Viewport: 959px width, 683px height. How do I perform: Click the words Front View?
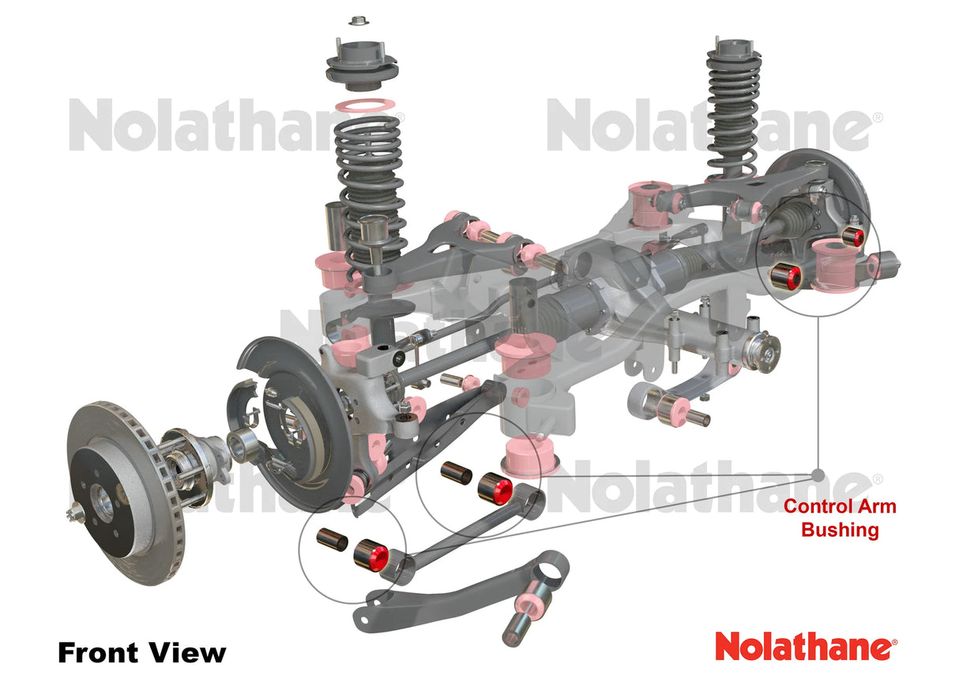141,653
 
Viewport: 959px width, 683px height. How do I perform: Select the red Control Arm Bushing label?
840,518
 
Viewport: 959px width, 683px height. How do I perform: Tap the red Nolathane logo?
806,647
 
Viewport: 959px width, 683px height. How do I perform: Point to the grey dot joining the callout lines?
818,475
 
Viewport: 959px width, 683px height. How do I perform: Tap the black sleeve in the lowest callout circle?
332,539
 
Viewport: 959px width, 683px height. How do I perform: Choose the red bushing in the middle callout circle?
495,488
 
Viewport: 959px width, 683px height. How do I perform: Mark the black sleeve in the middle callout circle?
456,473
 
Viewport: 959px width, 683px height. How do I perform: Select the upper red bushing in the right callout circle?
854,235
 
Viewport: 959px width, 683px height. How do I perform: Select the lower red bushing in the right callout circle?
788,275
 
